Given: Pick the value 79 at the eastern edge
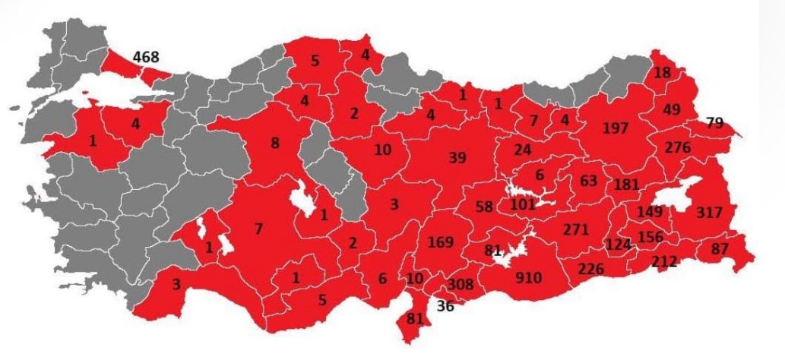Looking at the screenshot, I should [714, 122].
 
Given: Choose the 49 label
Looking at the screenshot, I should [672, 109].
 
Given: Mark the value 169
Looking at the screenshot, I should [441, 242].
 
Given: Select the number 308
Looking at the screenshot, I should [460, 285].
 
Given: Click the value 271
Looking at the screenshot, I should [577, 229].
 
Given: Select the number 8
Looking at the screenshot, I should [274, 142].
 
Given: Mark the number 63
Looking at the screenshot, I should [588, 180].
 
